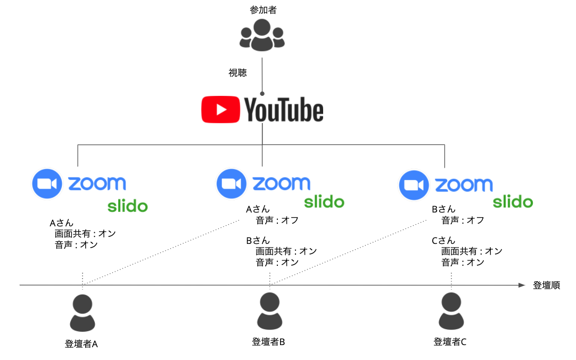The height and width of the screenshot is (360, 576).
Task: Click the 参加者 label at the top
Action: pyautogui.click(x=262, y=10)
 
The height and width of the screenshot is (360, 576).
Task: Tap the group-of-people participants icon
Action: pyautogui.click(x=262, y=35)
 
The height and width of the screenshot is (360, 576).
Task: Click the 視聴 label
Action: pyautogui.click(x=237, y=73)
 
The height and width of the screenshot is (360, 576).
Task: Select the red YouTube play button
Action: pyautogui.click(x=220, y=110)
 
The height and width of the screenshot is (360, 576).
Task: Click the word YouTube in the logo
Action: pyautogui.click(x=284, y=110)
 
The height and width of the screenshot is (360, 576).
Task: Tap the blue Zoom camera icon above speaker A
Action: pyautogui.click(x=48, y=184)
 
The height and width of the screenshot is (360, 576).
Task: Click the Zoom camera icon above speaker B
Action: pyautogui.click(x=231, y=184)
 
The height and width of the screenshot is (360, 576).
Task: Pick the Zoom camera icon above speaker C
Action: pyautogui.click(x=414, y=185)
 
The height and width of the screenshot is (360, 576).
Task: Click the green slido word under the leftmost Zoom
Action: pyautogui.click(x=128, y=206)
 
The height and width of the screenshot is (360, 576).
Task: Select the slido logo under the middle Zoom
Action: pyautogui.click(x=324, y=202)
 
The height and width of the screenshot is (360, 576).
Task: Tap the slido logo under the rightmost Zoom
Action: pyautogui.click(x=512, y=202)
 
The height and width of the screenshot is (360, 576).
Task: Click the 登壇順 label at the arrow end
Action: pyautogui.click(x=546, y=285)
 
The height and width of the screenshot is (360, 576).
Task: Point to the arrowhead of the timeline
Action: pyautogui.click(x=522, y=285)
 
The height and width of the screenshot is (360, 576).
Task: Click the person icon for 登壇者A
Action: pyautogui.click(x=83, y=313)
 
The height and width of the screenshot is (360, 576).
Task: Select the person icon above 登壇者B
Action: pyautogui.click(x=269, y=312)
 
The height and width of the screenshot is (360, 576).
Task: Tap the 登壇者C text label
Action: pyautogui.click(x=450, y=342)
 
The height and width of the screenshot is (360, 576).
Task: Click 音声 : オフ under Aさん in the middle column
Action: pyautogui.click(x=277, y=220)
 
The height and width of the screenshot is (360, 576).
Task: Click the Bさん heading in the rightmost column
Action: pyautogui.click(x=443, y=210)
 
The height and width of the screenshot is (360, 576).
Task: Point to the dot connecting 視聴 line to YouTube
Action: pyautogui.click(x=262, y=93)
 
